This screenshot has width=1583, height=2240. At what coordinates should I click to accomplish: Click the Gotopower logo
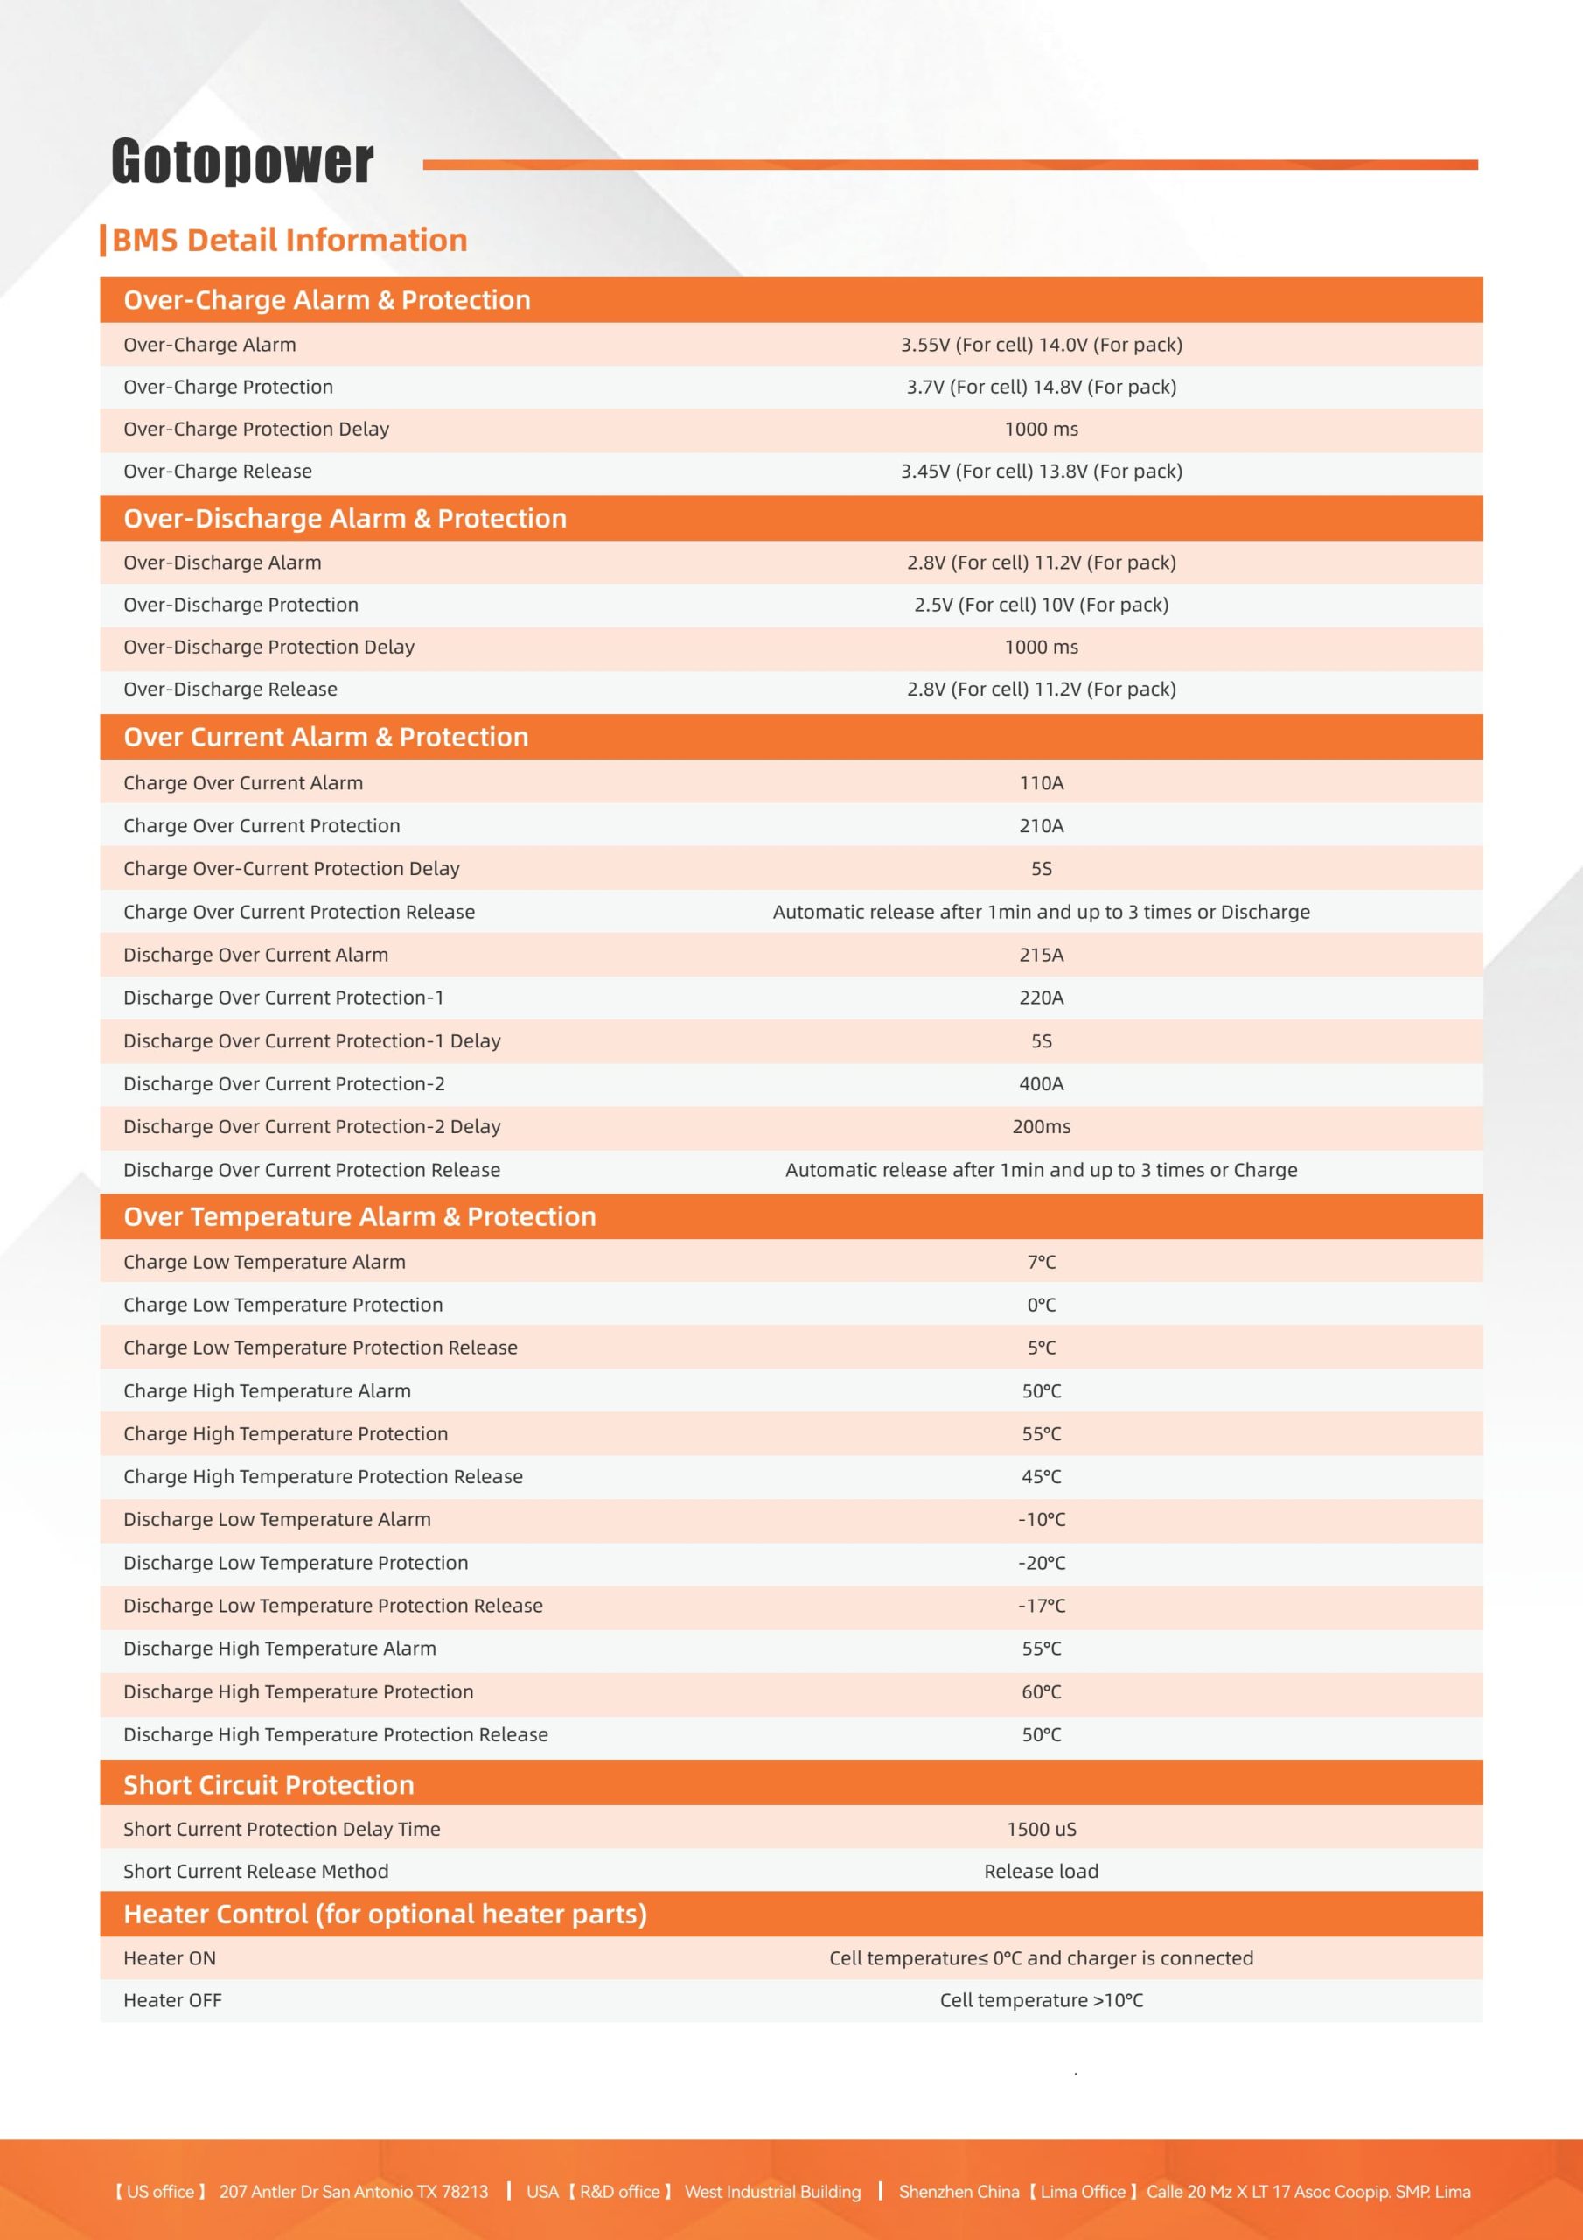pos(242,161)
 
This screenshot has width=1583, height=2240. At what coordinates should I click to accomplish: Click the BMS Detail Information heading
pos(289,240)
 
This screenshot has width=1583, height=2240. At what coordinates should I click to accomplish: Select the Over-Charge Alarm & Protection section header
pos(327,299)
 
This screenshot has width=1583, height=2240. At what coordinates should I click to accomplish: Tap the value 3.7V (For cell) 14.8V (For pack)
pos(1041,388)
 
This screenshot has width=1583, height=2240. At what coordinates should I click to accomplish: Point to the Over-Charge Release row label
pos(218,472)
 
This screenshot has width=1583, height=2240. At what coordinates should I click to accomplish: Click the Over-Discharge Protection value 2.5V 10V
pos(1041,605)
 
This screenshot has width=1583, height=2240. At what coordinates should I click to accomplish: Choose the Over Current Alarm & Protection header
pos(325,737)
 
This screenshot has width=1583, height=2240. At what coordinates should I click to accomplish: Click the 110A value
pos(1041,782)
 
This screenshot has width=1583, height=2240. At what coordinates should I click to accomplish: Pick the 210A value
pos(1041,825)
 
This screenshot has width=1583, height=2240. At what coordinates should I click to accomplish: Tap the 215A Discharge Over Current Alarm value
pos(1041,954)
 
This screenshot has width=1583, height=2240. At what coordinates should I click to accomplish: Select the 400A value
pos(1041,1083)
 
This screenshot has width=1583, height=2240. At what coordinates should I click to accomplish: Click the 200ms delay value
pos(1041,1126)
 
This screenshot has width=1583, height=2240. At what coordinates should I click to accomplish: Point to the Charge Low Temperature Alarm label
pos(264,1262)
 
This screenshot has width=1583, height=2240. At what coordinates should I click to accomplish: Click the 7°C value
pos(1041,1262)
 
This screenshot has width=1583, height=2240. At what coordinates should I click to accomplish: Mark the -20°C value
pos(1041,1562)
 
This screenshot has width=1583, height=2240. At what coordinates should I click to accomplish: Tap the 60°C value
pos(1041,1690)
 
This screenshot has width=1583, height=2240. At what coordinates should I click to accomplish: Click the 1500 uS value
pos(1041,1828)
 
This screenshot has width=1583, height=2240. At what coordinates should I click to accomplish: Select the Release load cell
pos(1041,1870)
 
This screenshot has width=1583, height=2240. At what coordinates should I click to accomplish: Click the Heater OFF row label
pos(172,2000)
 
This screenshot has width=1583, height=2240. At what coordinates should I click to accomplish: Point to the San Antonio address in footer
pos(353,2191)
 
